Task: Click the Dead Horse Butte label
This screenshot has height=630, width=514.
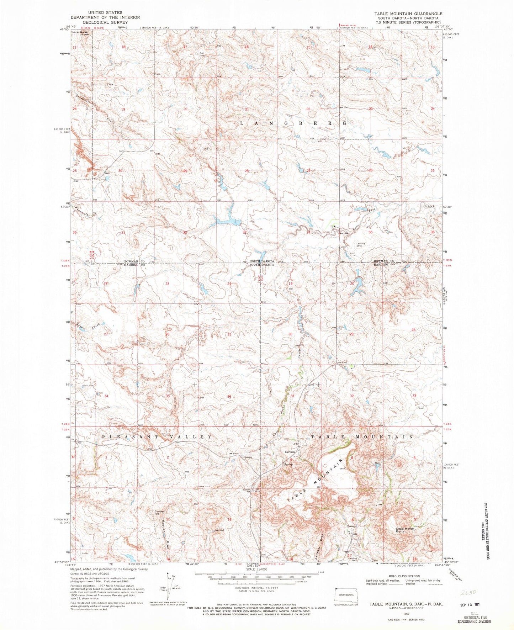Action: pyautogui.click(x=404, y=530)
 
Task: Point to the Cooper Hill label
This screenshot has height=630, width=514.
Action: pyautogui.click(x=159, y=513)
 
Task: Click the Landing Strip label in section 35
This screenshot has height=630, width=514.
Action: pyautogui.click(x=361, y=245)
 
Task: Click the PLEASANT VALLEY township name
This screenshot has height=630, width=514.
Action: pyautogui.click(x=157, y=437)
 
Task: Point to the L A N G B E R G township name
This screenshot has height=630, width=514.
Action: pyautogui.click(x=293, y=123)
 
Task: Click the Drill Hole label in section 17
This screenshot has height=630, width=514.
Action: pyautogui.click(x=202, y=54)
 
